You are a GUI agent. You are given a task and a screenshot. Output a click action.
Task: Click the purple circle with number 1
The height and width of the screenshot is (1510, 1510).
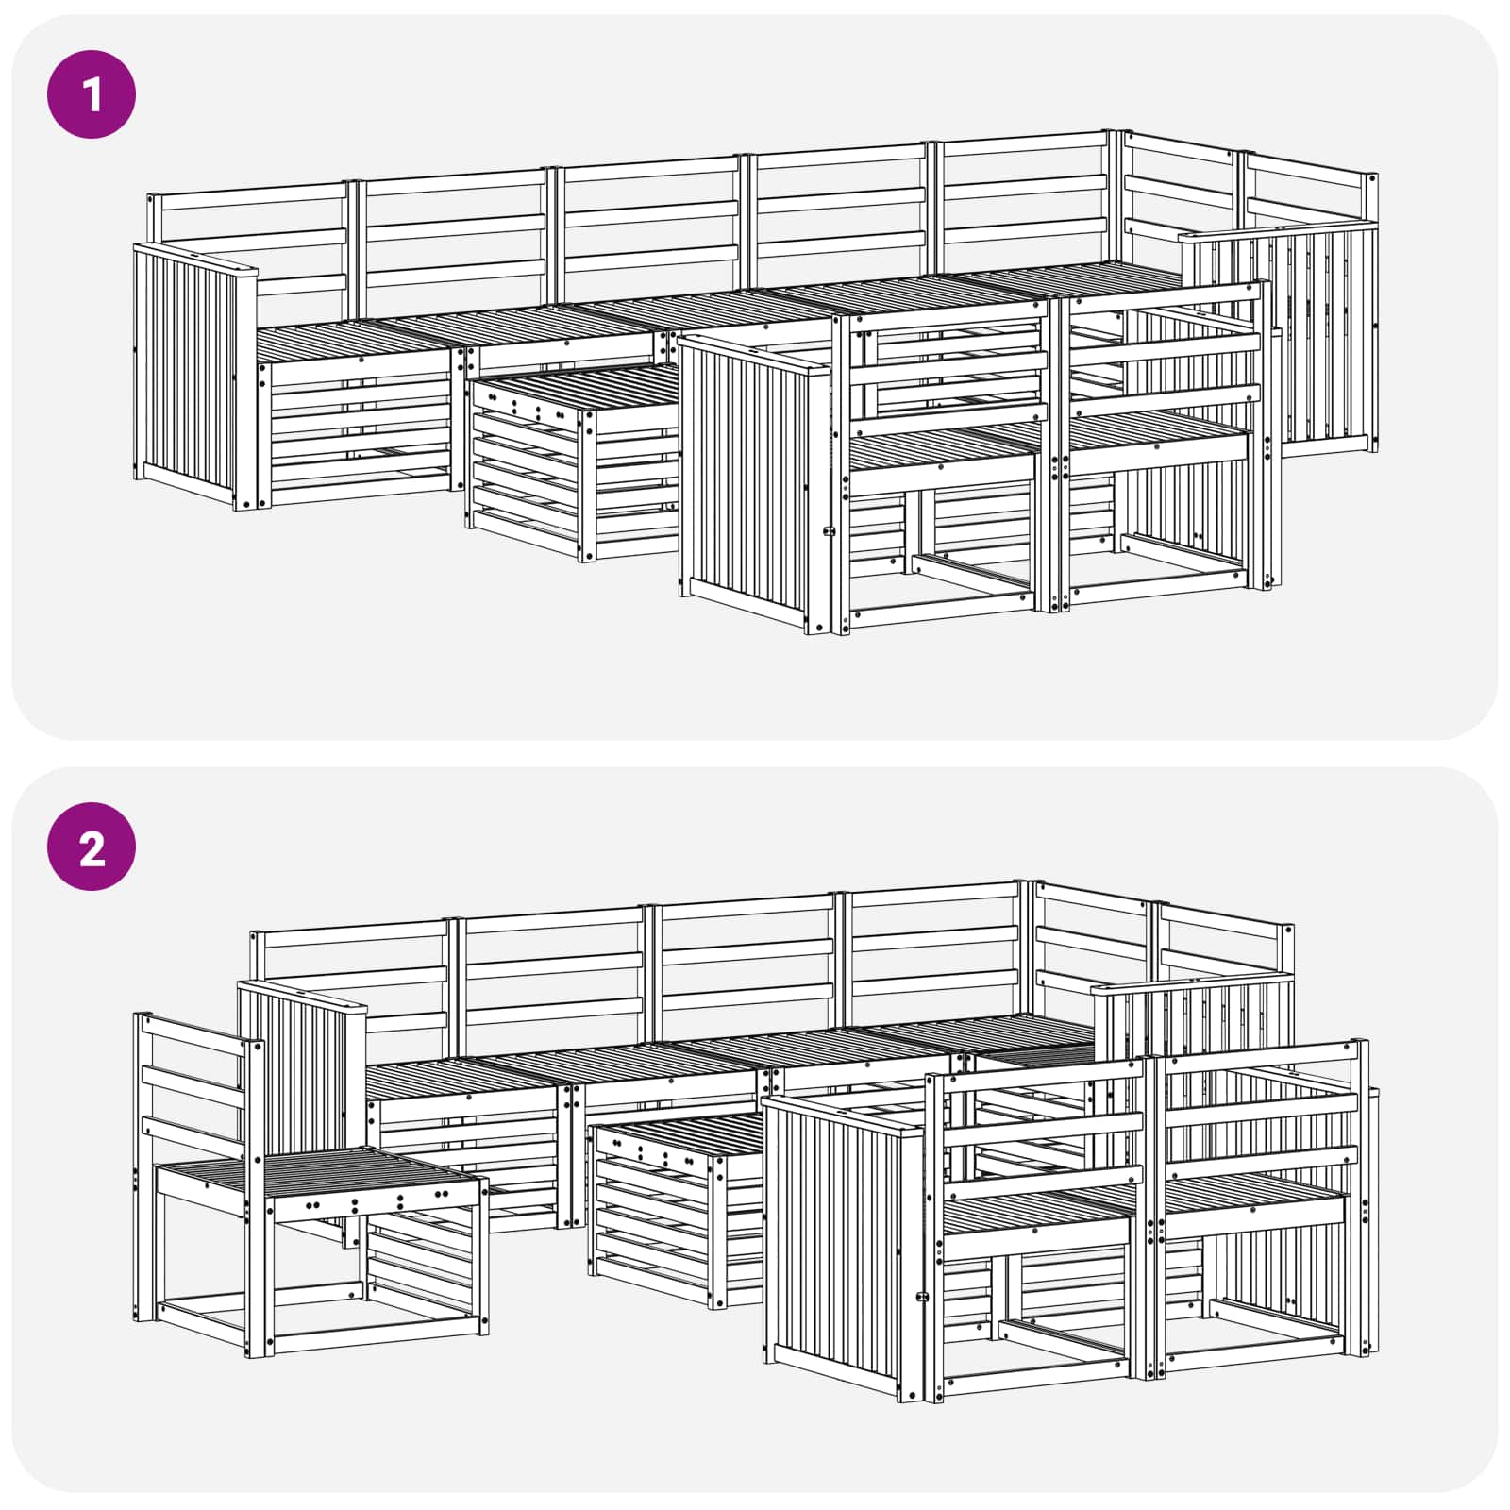coord(92,94)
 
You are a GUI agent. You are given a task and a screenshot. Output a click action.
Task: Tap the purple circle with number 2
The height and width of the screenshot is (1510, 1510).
coord(92,847)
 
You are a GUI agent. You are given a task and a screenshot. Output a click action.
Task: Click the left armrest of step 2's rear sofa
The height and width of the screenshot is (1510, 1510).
coord(297,1066)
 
